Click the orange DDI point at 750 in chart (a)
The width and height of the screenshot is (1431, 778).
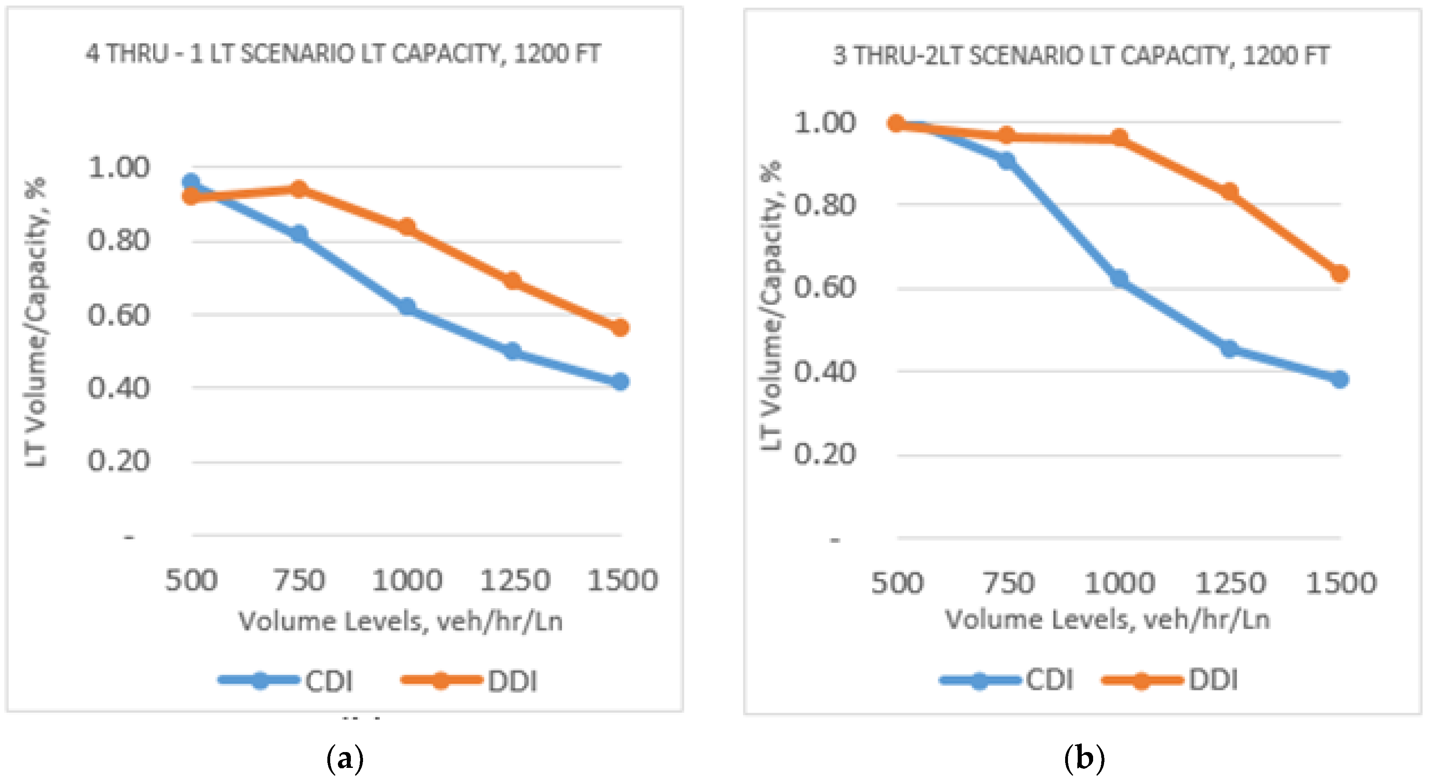pos(299,189)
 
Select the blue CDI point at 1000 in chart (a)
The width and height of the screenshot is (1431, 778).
pos(407,306)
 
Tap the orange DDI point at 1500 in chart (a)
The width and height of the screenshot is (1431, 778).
pos(620,327)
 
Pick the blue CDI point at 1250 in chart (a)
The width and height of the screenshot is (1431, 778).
pos(513,351)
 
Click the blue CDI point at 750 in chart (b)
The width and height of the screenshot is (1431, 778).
pos(1006,161)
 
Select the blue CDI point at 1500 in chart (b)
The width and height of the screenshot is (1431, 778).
pos(1340,379)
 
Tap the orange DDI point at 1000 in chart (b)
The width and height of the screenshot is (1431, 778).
pos(1119,138)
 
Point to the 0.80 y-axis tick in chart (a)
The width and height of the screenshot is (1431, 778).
pos(118,241)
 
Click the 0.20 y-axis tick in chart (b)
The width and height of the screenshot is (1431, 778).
pos(825,454)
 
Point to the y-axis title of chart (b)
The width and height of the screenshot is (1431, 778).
pos(771,306)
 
